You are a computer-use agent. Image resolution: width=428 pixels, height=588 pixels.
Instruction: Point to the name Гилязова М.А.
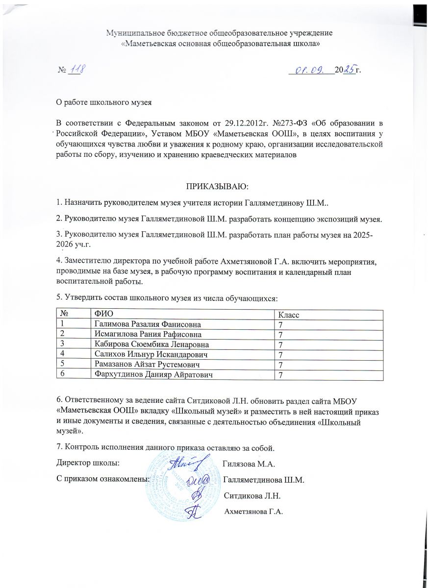click(248, 463)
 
